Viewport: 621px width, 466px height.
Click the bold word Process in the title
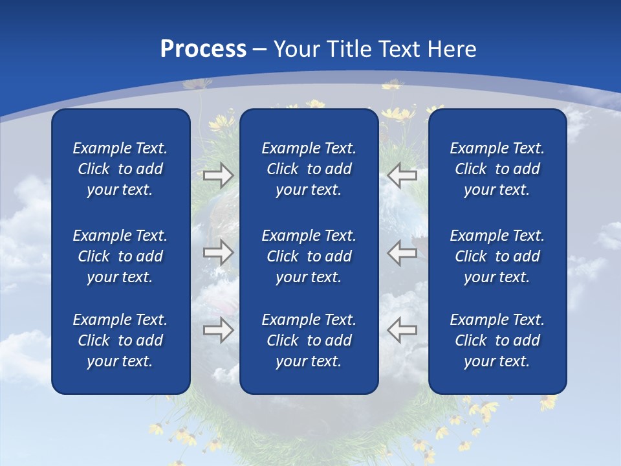pos(203,49)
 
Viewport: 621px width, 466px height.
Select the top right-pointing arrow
pos(218,175)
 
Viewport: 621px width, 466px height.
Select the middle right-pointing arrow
pos(218,252)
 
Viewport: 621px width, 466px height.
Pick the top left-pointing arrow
pos(402,175)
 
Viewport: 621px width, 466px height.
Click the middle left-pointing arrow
pos(402,252)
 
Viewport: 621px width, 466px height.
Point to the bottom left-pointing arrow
pos(402,330)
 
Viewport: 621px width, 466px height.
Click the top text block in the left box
pos(120,169)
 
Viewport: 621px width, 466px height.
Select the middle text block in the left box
pos(120,256)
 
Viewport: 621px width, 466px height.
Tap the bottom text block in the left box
pos(120,340)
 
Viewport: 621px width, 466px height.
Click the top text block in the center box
pos(309,169)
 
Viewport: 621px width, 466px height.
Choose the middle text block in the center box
pos(309,256)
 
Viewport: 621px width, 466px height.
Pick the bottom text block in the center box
pos(309,340)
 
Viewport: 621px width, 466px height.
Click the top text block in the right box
pos(497,169)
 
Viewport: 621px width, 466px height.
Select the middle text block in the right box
pos(497,256)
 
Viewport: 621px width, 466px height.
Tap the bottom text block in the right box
pos(497,340)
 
